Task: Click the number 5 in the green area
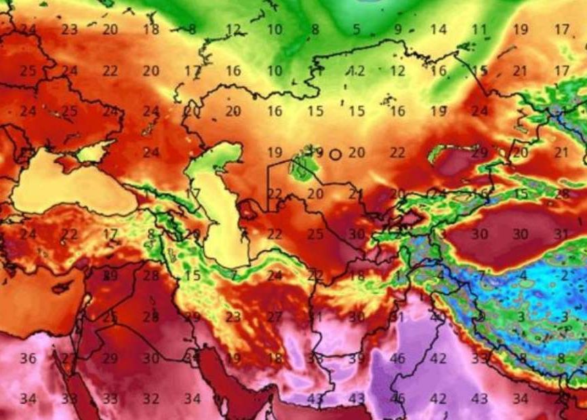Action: click(357, 30)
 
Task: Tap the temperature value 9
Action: click(398, 30)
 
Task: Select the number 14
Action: click(439, 30)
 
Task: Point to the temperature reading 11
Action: click(480, 30)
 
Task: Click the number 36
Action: click(28, 358)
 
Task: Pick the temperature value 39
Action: click(357, 358)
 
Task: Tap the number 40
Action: click(438, 317)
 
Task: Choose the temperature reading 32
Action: click(150, 399)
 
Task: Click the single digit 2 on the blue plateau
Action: click(564, 275)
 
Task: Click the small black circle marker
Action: click(335, 154)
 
